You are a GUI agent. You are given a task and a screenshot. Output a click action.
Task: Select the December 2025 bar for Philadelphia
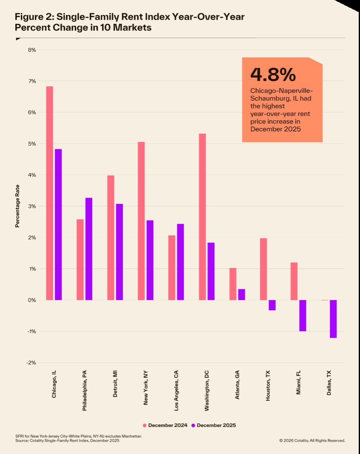point(89,249)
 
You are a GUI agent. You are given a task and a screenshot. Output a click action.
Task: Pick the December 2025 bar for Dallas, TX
point(333,319)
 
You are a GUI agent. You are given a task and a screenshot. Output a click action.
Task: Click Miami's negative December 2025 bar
point(302,316)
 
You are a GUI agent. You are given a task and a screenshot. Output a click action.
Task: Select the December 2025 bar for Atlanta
point(241,294)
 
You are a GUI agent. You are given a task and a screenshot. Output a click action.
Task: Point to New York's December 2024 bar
point(141,221)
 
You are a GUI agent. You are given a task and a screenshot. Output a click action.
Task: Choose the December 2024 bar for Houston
point(263,269)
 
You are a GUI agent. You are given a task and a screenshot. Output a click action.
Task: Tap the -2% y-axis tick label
point(31,363)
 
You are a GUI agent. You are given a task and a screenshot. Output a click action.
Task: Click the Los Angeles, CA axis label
point(176,390)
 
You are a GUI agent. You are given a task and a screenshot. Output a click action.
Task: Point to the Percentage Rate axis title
point(17,206)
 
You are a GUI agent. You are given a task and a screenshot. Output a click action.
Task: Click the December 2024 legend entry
point(165,425)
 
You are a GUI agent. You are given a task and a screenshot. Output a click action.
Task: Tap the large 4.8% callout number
point(273,74)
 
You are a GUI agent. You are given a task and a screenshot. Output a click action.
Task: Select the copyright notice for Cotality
point(312,440)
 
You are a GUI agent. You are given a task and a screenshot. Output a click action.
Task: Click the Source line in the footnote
point(67,440)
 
